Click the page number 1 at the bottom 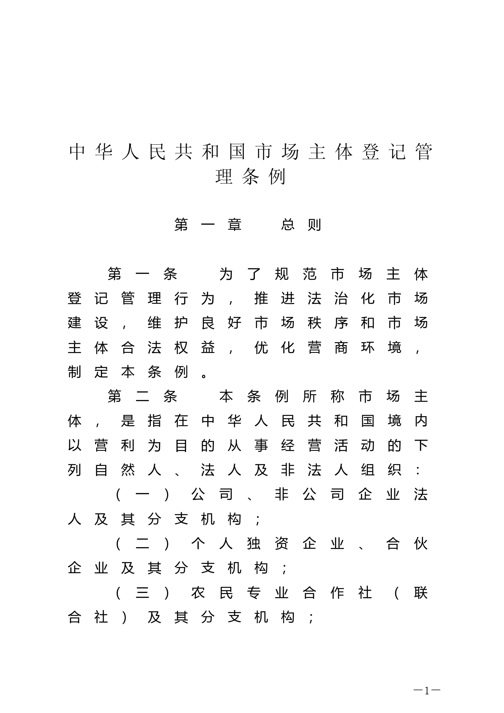tap(427, 691)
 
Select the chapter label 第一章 tap(208, 225)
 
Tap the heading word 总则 tap(301, 225)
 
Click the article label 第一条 tap(142, 274)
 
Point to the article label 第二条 tap(142, 396)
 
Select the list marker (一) tap(142, 495)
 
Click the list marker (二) tap(142, 544)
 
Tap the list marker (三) tap(142, 593)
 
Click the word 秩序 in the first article tap(328, 323)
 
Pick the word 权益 tap(194, 348)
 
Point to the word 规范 tap(295, 274)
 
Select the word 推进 tap(274, 299)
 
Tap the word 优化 tap(274, 348)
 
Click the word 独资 tap(267, 544)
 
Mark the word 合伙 tap(407, 544)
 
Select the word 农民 tap(212, 593)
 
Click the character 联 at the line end tap(421, 593)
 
